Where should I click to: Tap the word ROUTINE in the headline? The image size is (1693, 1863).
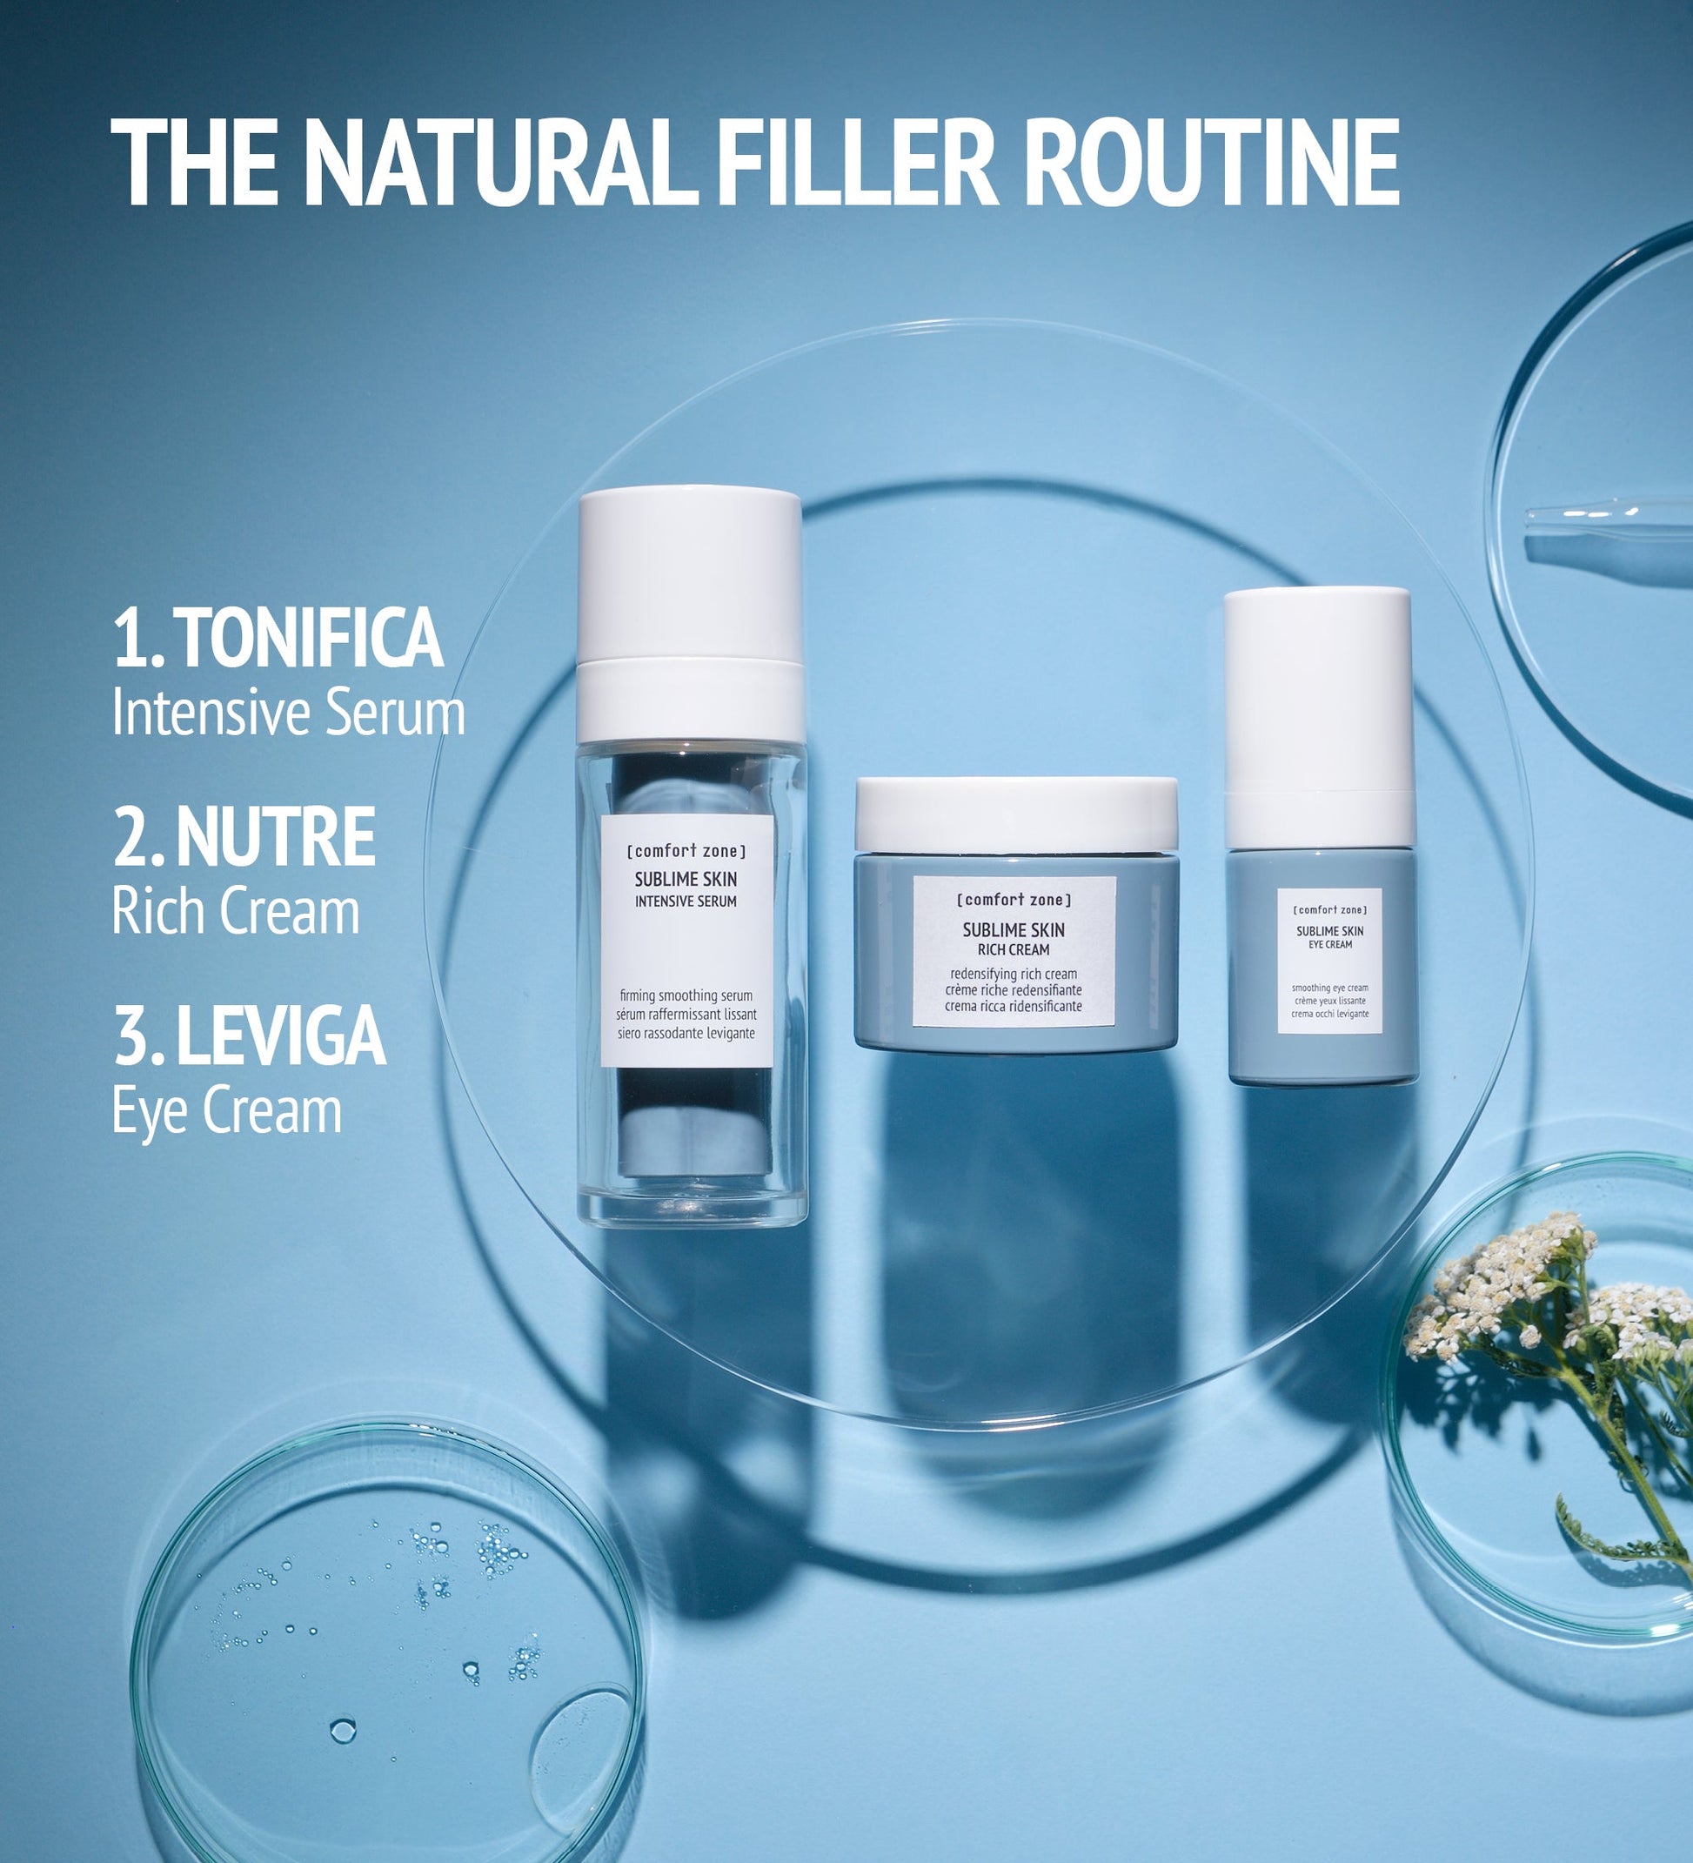pos(1212,164)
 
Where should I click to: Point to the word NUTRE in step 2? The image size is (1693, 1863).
pos(276,836)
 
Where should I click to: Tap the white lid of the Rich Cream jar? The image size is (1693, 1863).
pos(1015,814)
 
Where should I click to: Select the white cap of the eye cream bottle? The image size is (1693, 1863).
pos(1319,715)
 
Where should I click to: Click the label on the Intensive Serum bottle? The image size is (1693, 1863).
pos(686,941)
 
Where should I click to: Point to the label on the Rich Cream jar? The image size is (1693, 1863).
pos(1014,951)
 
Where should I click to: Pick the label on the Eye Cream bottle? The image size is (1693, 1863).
pos(1330,960)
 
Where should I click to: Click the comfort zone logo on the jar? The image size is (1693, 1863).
pos(1014,899)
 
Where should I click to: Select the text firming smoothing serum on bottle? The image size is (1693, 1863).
pos(686,995)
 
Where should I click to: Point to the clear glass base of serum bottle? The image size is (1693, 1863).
pos(693,1202)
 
